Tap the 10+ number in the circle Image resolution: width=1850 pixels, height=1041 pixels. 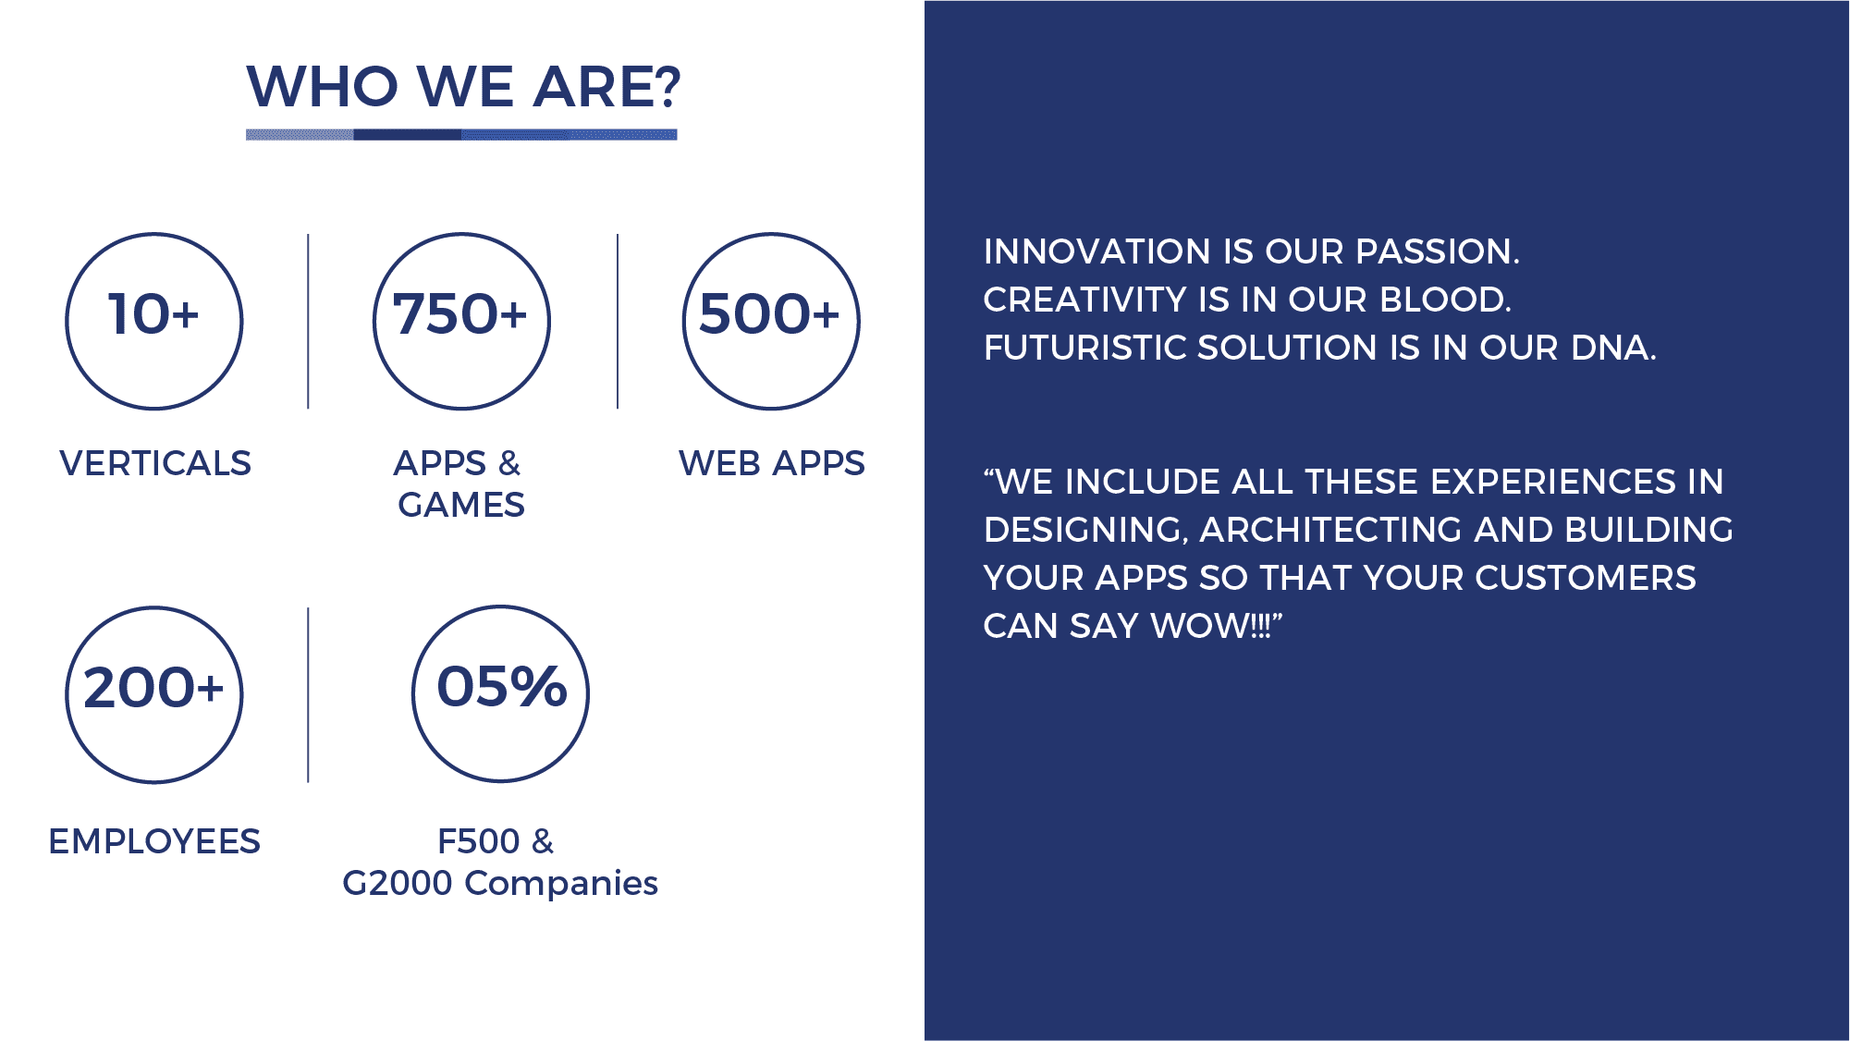(153, 313)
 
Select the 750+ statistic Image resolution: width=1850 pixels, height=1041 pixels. (459, 313)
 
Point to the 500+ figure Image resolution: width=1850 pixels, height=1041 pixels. (769, 313)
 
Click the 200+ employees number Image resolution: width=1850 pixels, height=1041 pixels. (153, 688)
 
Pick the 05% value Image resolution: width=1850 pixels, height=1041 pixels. (501, 687)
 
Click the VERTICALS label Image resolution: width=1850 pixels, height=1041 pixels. (155, 463)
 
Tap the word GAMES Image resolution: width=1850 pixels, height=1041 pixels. (461, 505)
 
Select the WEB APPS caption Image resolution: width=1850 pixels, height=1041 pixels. (772, 463)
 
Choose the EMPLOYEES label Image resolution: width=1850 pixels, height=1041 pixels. (154, 841)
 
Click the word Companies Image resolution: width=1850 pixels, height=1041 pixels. (561, 884)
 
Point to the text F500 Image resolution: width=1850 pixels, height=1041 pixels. (479, 841)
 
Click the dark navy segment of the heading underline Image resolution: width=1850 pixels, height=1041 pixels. (408, 135)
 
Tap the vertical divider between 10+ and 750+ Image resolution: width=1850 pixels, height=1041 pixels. (308, 321)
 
